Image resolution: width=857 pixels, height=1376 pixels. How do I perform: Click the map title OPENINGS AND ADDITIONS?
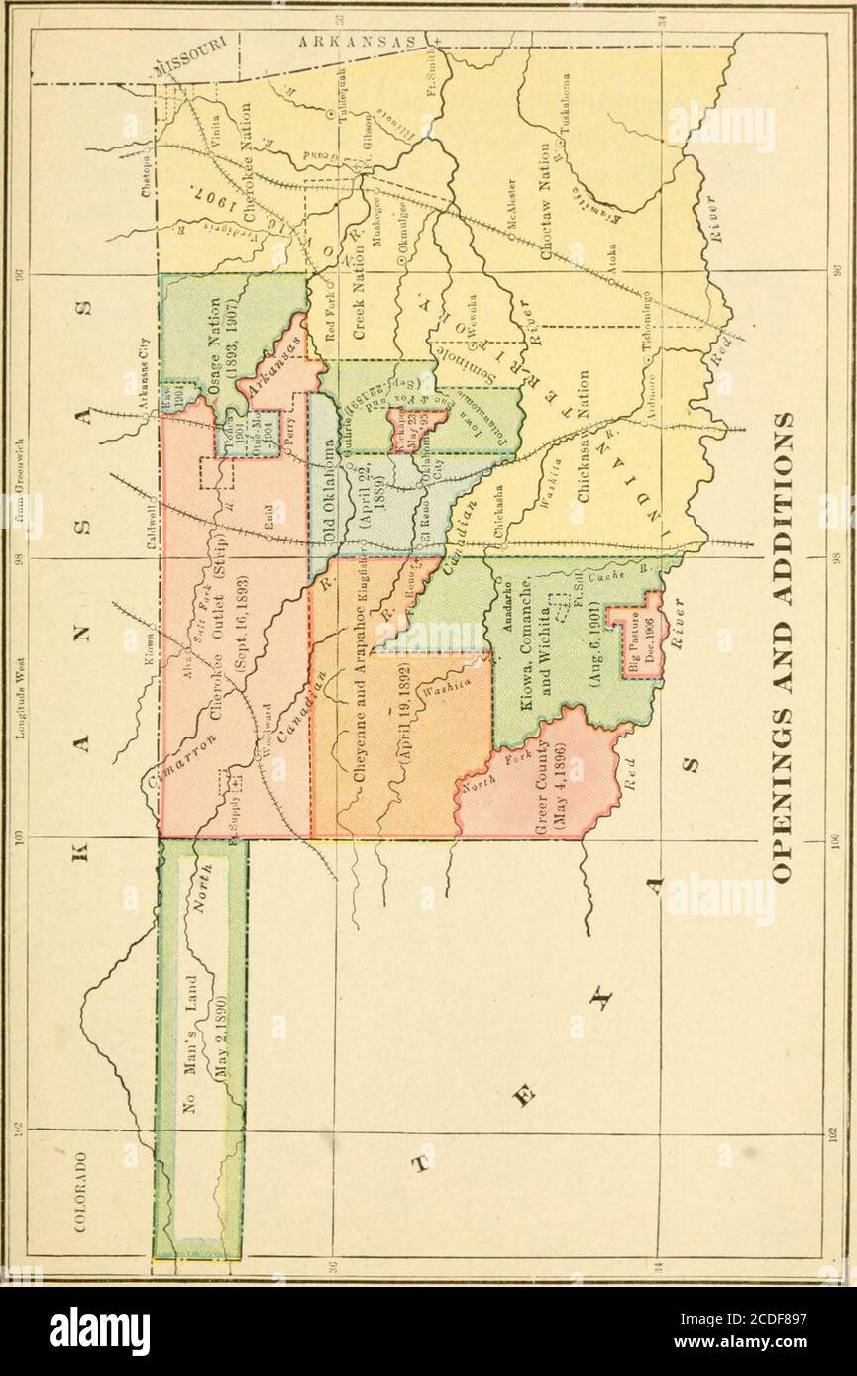click(784, 644)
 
